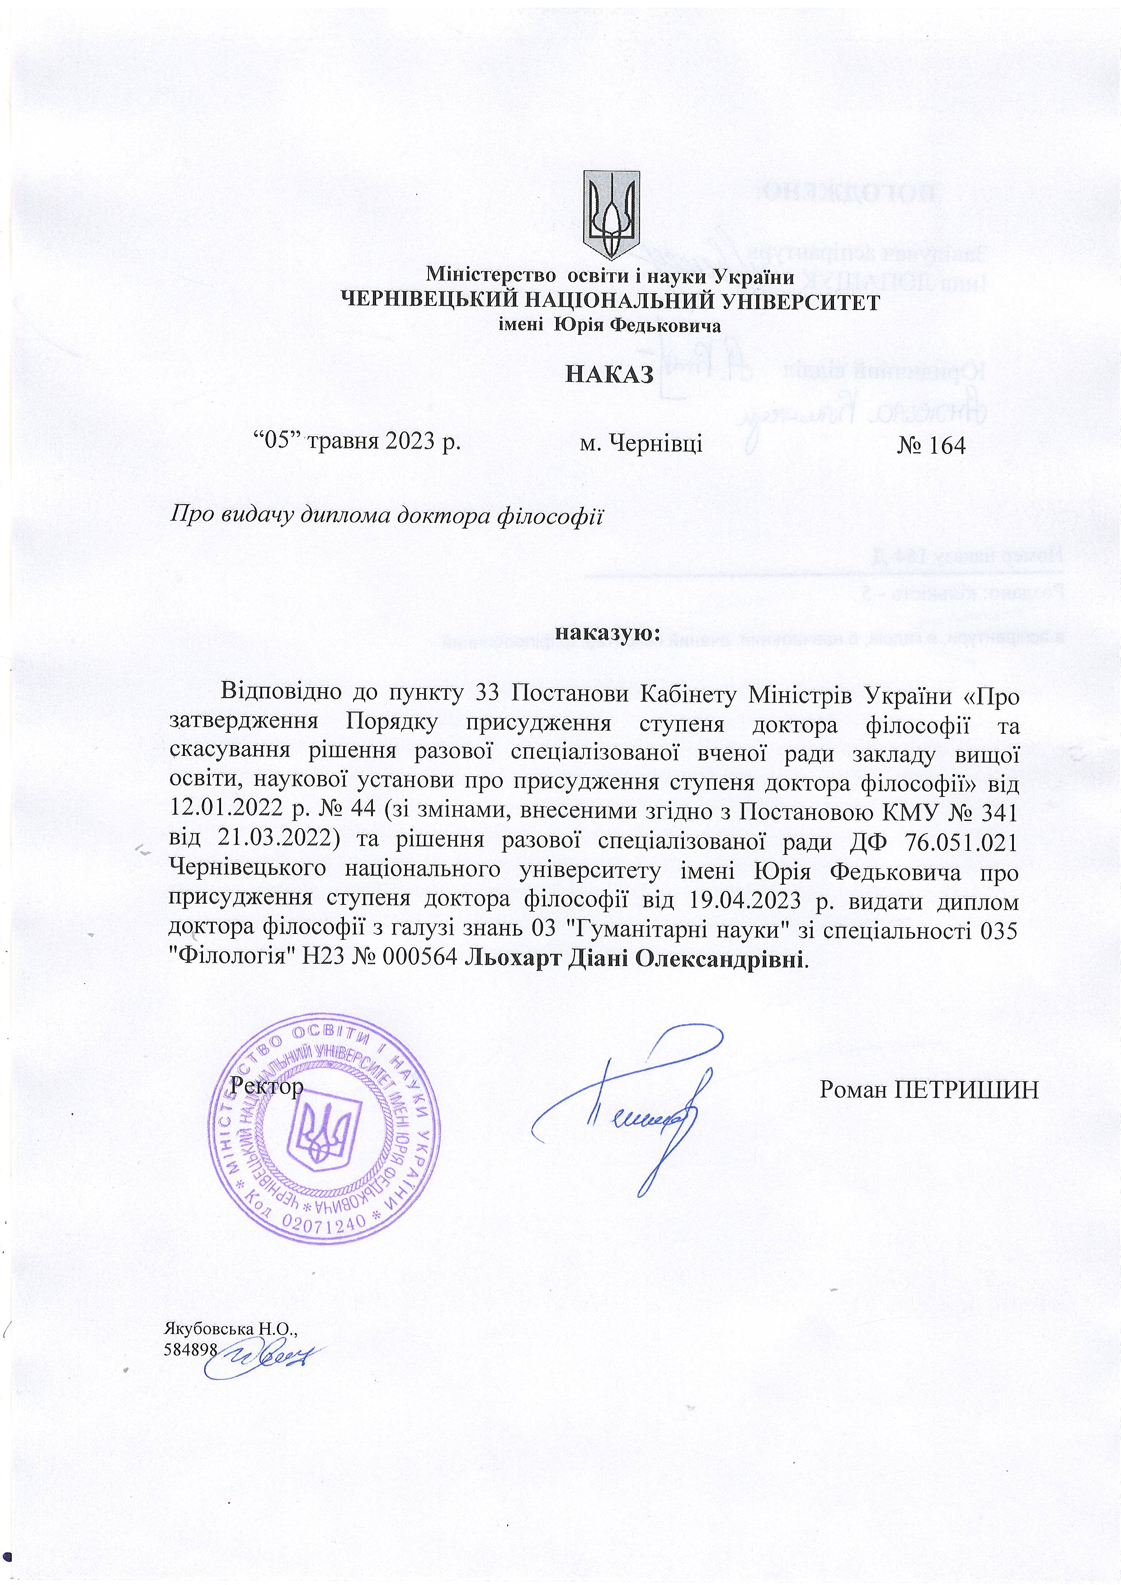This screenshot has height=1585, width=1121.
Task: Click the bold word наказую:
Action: pos(609,633)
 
